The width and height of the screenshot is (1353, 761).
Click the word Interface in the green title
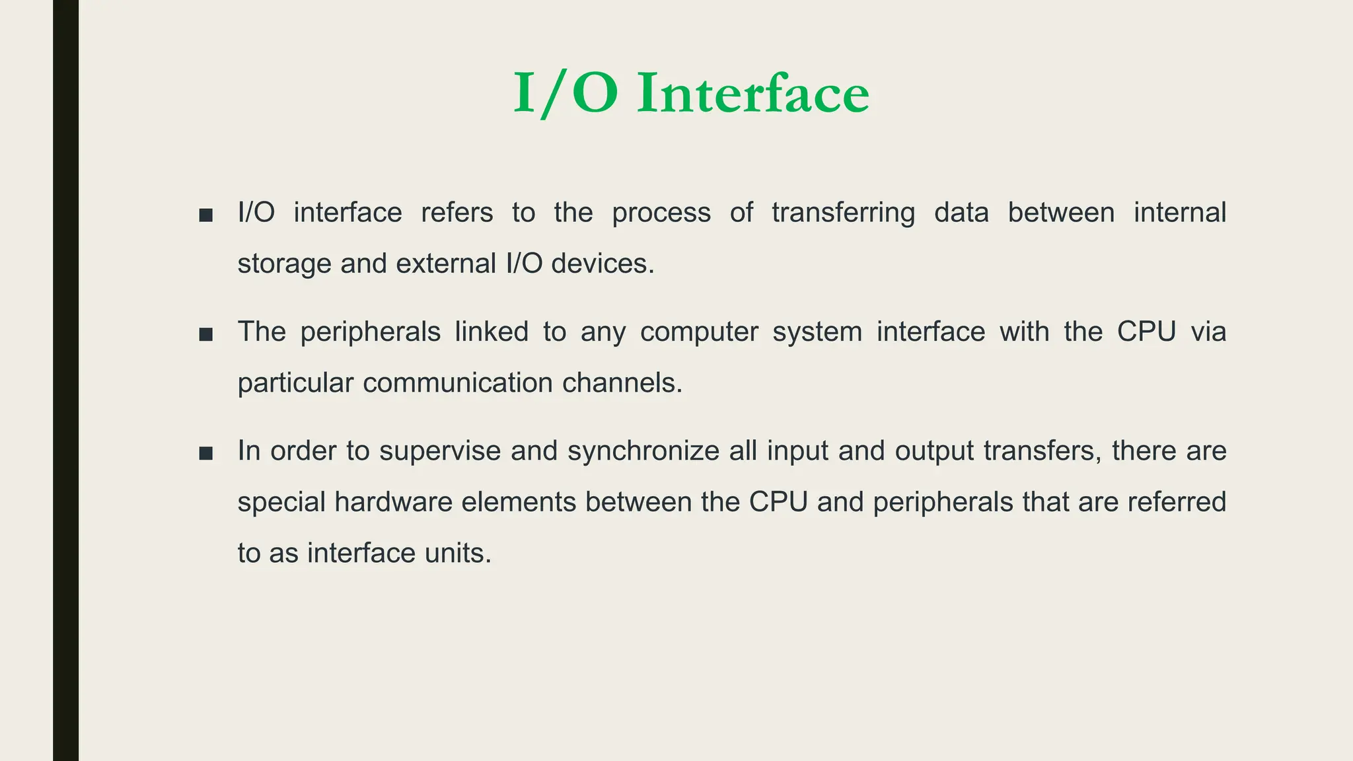(x=753, y=94)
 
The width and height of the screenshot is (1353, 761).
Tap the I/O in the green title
(x=566, y=94)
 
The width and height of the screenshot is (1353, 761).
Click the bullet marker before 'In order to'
(x=206, y=454)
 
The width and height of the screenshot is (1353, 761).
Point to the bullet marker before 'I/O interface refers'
(x=206, y=215)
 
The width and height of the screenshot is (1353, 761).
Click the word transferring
(x=844, y=213)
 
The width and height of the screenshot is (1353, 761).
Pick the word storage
(x=284, y=264)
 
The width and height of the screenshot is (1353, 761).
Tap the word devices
(x=602, y=264)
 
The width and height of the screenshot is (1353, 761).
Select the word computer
(x=699, y=332)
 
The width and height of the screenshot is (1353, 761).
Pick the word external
(x=446, y=264)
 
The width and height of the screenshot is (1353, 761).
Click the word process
(x=661, y=213)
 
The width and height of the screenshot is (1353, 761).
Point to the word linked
(x=492, y=332)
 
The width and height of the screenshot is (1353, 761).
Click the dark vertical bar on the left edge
(x=65, y=380)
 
